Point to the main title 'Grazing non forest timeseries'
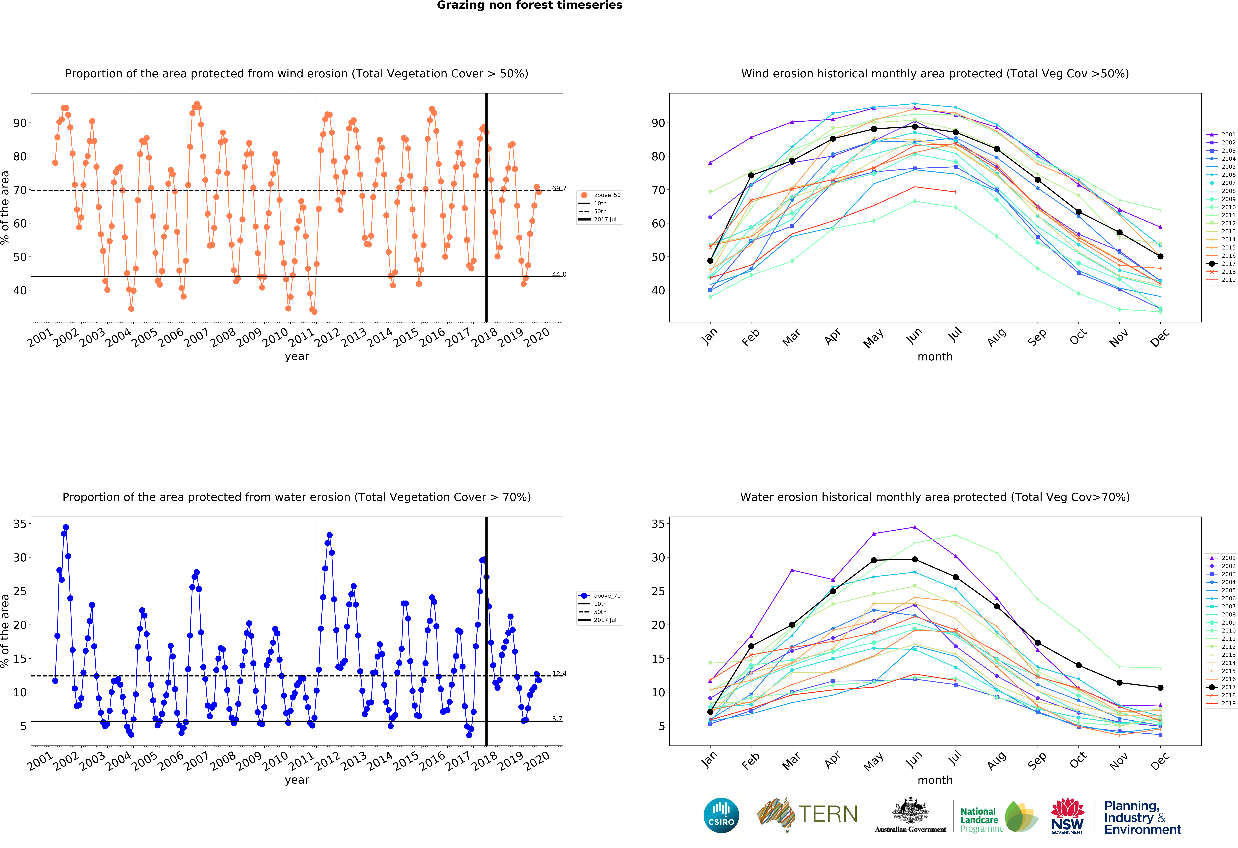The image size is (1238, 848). point(529,5)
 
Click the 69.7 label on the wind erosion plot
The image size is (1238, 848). point(559,188)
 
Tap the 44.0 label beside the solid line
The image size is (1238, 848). point(559,275)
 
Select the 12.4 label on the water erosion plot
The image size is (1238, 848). point(559,674)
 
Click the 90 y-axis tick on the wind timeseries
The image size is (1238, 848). point(20,123)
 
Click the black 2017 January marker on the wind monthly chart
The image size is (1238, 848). point(710,261)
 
